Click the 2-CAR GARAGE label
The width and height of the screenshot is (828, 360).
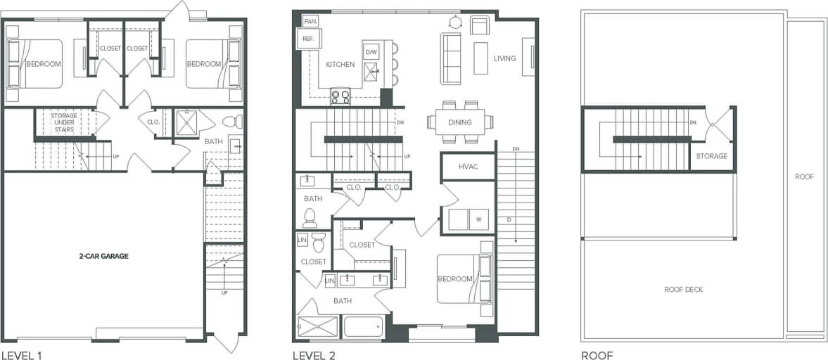point(103,256)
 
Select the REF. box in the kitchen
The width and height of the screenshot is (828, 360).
point(308,39)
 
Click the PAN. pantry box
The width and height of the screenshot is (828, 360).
point(310,21)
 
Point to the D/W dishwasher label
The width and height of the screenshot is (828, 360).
point(371,51)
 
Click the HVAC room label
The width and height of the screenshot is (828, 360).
point(468,167)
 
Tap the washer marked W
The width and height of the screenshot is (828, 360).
point(479,219)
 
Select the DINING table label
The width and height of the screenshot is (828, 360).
point(459,122)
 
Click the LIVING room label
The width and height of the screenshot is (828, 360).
point(504,58)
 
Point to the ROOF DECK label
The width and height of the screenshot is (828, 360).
point(683,289)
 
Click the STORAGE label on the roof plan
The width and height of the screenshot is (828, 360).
point(711,156)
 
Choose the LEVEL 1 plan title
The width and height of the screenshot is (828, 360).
point(21,355)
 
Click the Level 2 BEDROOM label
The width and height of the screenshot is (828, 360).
point(454,279)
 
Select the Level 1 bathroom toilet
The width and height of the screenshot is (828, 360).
point(236,121)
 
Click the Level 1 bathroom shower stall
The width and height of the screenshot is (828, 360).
point(187,122)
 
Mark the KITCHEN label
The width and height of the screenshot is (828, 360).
point(340,65)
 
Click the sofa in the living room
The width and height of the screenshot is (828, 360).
point(450,58)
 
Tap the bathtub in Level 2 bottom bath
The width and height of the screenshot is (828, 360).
point(363,328)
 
